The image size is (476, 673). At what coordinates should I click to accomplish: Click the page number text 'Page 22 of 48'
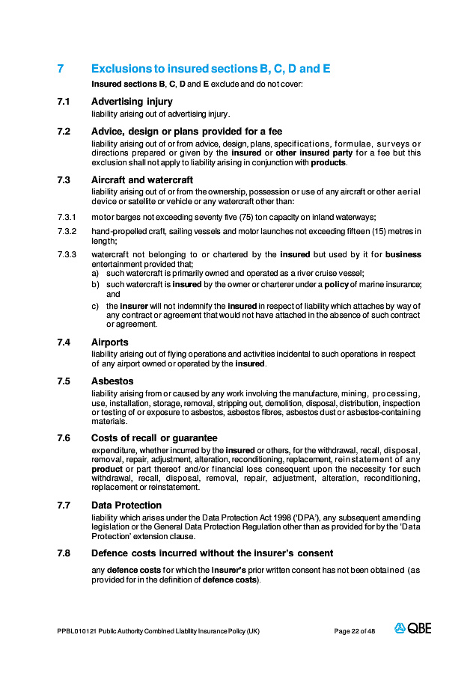coord(355,631)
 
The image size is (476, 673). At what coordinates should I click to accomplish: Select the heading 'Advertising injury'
coord(132,101)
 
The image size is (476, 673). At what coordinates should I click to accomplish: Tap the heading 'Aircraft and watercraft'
coord(142,179)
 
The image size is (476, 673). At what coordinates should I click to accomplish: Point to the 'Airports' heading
coord(110,342)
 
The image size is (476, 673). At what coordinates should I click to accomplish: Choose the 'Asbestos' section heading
coord(112,381)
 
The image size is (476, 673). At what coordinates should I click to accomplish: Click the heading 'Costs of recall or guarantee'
coord(154,437)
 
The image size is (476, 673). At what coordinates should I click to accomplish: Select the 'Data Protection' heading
coord(126,505)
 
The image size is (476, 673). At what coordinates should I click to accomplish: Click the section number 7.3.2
coord(67,231)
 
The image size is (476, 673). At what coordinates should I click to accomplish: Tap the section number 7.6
coord(64,437)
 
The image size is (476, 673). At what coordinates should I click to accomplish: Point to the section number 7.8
coord(64,553)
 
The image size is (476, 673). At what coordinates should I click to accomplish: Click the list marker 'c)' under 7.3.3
coord(95,306)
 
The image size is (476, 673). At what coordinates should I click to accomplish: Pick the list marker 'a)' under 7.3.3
coord(95,274)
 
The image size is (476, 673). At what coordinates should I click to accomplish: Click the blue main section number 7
coord(60,69)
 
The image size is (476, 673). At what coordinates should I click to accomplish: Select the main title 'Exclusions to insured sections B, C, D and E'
coord(210,69)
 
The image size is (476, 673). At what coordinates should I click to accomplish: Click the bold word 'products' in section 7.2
coord(328,162)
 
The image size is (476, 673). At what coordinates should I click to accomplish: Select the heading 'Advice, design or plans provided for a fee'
coord(186,132)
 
